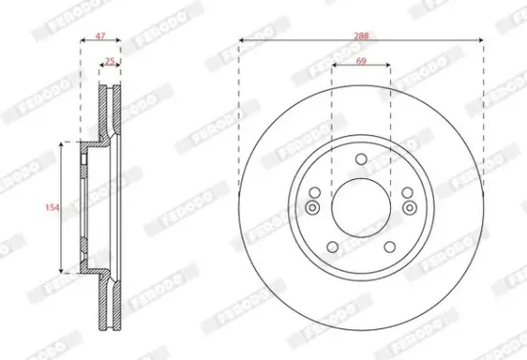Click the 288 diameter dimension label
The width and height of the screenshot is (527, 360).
[361, 34]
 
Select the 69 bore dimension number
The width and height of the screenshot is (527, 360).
[361, 60]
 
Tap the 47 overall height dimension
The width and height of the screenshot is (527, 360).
[100, 34]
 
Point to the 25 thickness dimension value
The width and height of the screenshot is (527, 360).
[109, 60]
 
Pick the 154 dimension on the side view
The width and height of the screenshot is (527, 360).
[55, 206]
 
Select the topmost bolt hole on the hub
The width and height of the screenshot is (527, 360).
[361, 160]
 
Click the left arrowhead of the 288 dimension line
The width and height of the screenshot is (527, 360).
[241, 40]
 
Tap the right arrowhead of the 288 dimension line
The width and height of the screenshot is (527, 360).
[482, 40]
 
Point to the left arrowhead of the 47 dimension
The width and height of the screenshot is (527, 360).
[80, 40]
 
